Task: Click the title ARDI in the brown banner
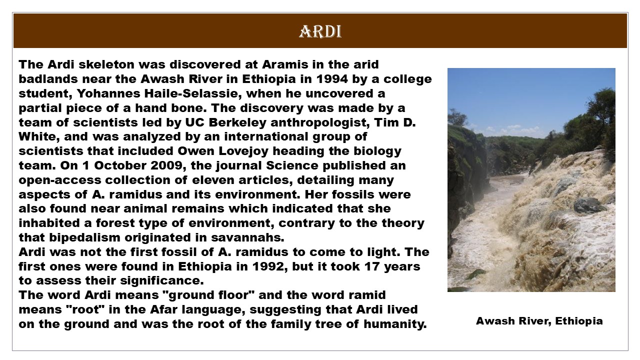[320, 31]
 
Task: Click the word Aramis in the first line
[285, 64]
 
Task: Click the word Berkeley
[237, 122]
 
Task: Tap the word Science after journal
[292, 165]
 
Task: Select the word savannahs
[247, 237]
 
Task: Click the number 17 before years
[372, 266]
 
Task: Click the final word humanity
[395, 324]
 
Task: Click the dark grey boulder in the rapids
[587, 204]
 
